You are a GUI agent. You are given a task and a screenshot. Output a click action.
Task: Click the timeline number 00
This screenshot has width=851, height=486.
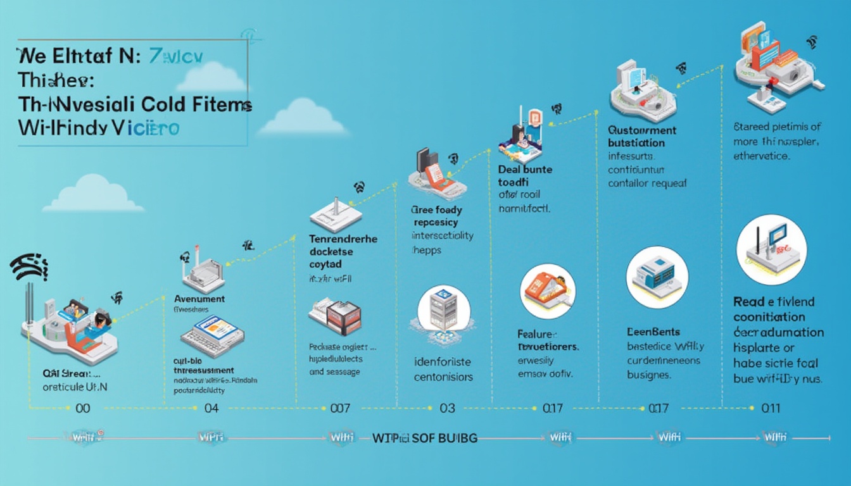(83, 409)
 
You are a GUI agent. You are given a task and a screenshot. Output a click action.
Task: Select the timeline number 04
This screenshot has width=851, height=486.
(211, 409)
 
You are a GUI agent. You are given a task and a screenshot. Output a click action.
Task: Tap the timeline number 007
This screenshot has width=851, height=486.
(340, 409)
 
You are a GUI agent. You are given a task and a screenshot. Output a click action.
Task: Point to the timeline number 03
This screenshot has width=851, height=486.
(447, 409)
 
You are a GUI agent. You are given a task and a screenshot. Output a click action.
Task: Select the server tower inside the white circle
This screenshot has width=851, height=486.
(444, 309)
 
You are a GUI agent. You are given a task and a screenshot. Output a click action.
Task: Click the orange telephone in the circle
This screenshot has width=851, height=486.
(548, 291)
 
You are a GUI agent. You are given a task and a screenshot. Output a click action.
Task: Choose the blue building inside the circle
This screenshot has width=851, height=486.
(657, 277)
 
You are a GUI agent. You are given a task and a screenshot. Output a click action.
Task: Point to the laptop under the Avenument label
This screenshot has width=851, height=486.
(212, 335)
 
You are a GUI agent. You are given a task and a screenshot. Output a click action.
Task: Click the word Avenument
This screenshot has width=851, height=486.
(199, 299)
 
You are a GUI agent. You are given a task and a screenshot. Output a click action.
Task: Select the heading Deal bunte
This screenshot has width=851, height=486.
(525, 170)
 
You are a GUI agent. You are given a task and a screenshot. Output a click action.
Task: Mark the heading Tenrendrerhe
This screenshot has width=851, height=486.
(343, 239)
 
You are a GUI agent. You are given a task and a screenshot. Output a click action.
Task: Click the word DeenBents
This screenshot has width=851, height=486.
(653, 332)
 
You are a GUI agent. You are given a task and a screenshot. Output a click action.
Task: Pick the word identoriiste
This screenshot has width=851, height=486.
(443, 363)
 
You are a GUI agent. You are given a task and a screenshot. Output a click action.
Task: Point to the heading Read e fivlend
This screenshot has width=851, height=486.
(774, 302)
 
